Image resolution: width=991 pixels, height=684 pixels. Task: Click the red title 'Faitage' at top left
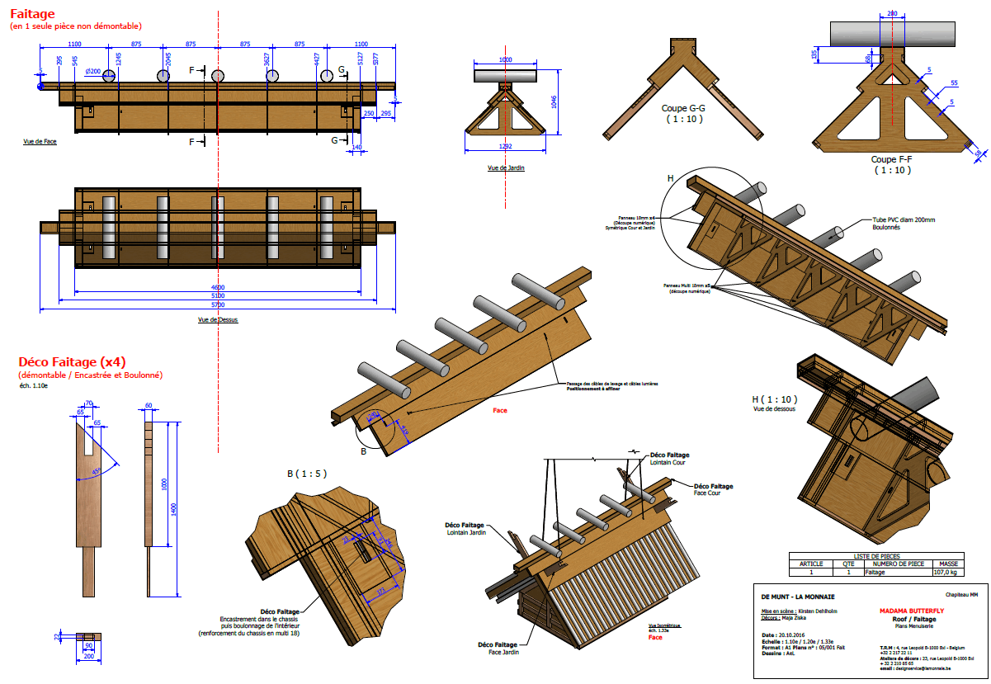(x=32, y=13)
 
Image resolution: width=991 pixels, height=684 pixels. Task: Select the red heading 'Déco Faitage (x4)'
(x=72, y=361)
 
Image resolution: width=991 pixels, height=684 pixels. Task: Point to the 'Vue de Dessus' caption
(x=218, y=319)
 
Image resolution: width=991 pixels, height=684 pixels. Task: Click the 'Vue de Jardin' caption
(x=506, y=167)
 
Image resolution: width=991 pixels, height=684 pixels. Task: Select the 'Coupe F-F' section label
(x=891, y=159)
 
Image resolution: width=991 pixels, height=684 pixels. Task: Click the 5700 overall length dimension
(x=217, y=304)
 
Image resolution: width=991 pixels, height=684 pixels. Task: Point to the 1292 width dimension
(x=506, y=146)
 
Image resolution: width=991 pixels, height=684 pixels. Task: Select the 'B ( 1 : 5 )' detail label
(x=306, y=474)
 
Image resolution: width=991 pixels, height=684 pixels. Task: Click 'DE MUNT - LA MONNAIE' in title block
(x=797, y=596)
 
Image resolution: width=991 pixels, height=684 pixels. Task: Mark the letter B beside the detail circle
(x=363, y=452)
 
